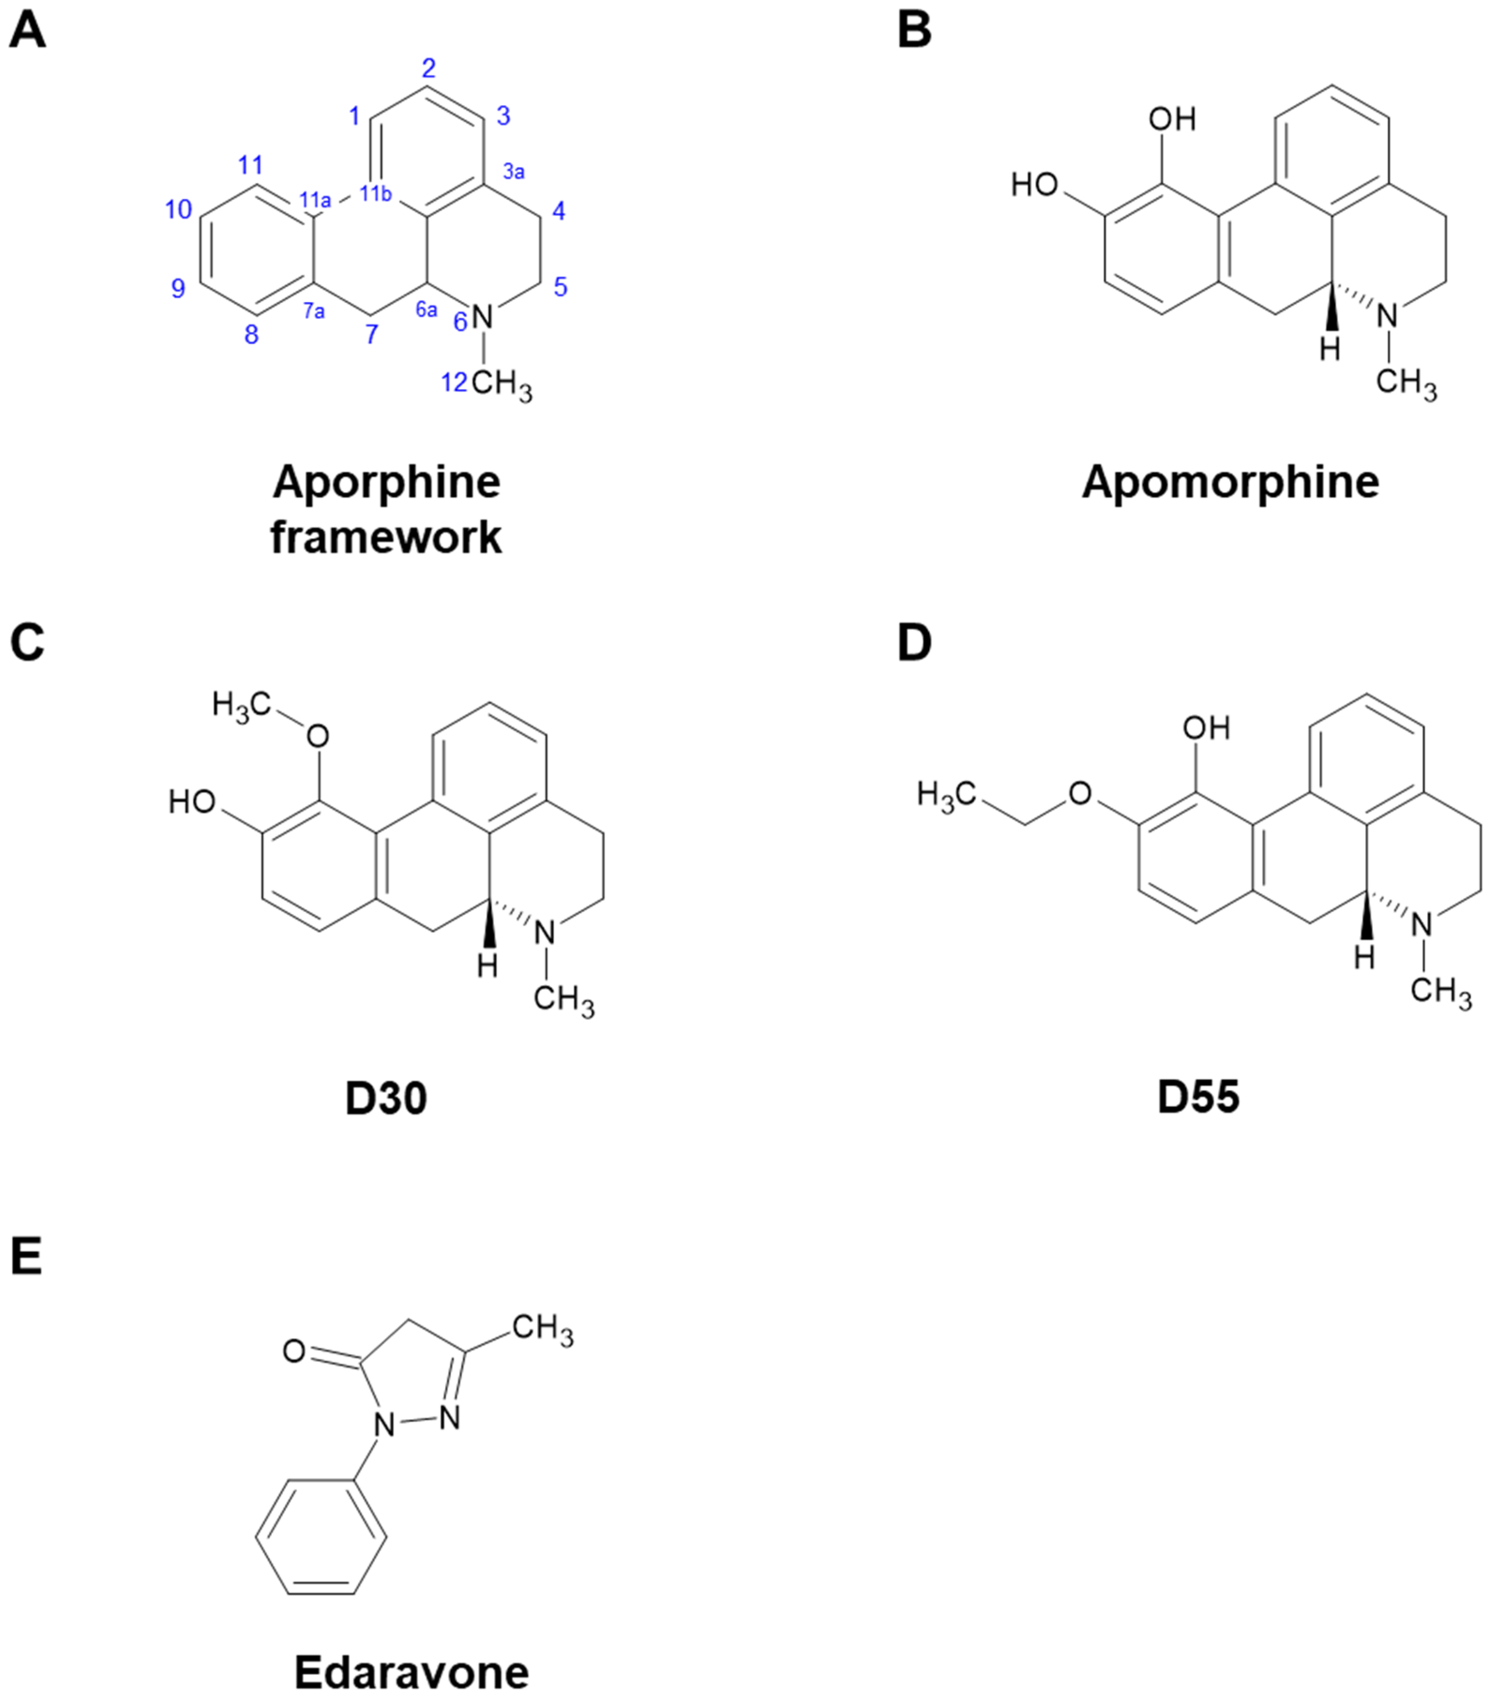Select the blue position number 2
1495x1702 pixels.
pos(428,69)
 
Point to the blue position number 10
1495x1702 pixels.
pos(178,210)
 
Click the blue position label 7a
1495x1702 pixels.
pos(313,311)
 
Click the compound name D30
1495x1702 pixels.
pos(385,1098)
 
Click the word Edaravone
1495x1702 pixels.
pos(411,1671)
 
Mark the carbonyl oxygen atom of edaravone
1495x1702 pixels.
pos(294,1351)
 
